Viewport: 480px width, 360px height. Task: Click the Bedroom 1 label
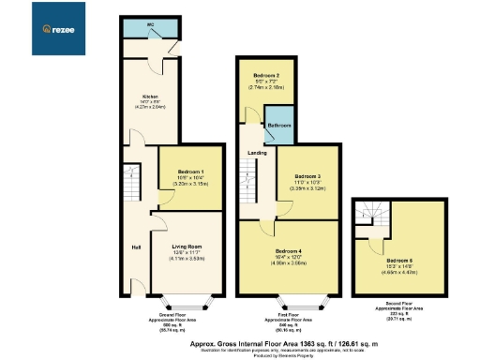pyautogui.click(x=190, y=172)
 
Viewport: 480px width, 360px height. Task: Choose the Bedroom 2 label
pyautogui.click(x=269, y=75)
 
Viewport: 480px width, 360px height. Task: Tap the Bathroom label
pyautogui.click(x=278, y=125)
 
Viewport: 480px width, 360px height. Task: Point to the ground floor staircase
pyautogui.click(x=130, y=183)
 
